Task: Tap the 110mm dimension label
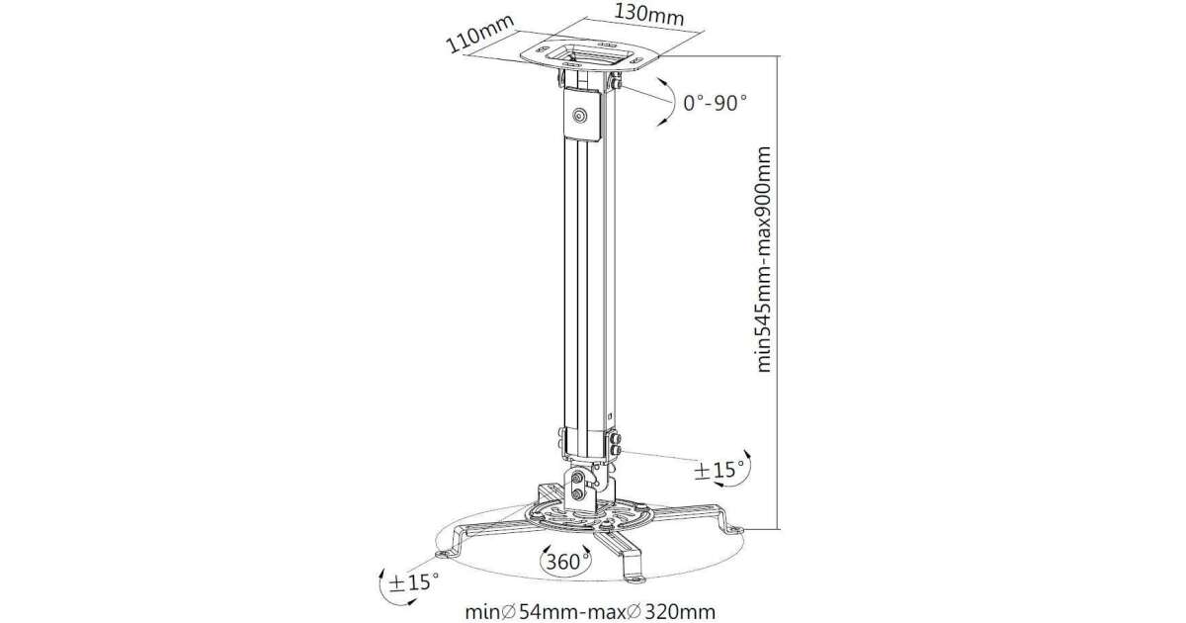coord(480,34)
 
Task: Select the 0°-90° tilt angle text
coord(715,103)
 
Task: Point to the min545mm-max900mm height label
coord(762,259)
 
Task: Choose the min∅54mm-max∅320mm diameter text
coord(590,612)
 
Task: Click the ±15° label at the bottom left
coord(413,582)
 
